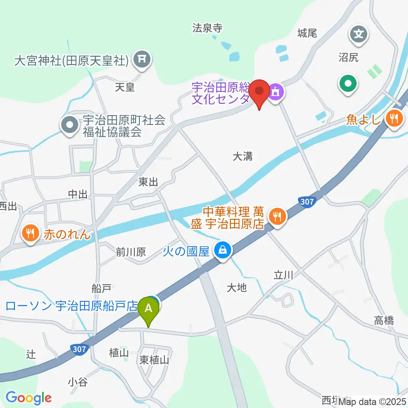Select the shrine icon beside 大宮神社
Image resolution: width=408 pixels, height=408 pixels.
pyautogui.click(x=142, y=60)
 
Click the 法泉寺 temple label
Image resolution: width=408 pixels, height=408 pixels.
pyautogui.click(x=207, y=28)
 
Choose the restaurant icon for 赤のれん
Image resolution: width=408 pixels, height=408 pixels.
pyautogui.click(x=30, y=233)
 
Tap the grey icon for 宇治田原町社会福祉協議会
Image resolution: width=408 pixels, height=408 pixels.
pyautogui.click(x=68, y=126)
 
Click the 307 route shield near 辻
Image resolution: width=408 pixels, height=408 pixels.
pyautogui.click(x=79, y=349)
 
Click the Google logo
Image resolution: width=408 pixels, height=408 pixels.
pyautogui.click(x=28, y=398)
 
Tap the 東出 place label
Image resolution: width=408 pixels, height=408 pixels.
pyautogui.click(x=148, y=182)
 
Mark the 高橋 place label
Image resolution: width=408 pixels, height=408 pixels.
pyautogui.click(x=384, y=320)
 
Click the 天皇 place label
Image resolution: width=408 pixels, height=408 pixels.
pyautogui.click(x=125, y=87)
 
